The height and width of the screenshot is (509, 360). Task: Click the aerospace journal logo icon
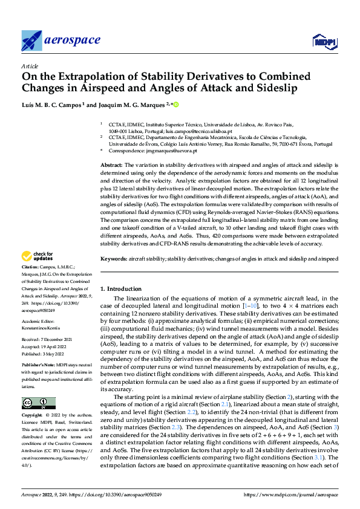coord(31,41)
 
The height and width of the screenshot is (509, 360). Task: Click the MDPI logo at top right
coord(323,41)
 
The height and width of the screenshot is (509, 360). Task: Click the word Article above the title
coord(30,66)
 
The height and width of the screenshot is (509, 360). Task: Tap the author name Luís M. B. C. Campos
coord(53,105)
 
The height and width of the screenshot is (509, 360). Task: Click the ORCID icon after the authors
coord(177,104)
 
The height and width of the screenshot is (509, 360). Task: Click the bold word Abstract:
coord(111,165)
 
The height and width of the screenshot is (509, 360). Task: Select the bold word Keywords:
coord(114,258)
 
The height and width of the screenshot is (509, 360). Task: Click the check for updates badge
coord(39,256)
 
